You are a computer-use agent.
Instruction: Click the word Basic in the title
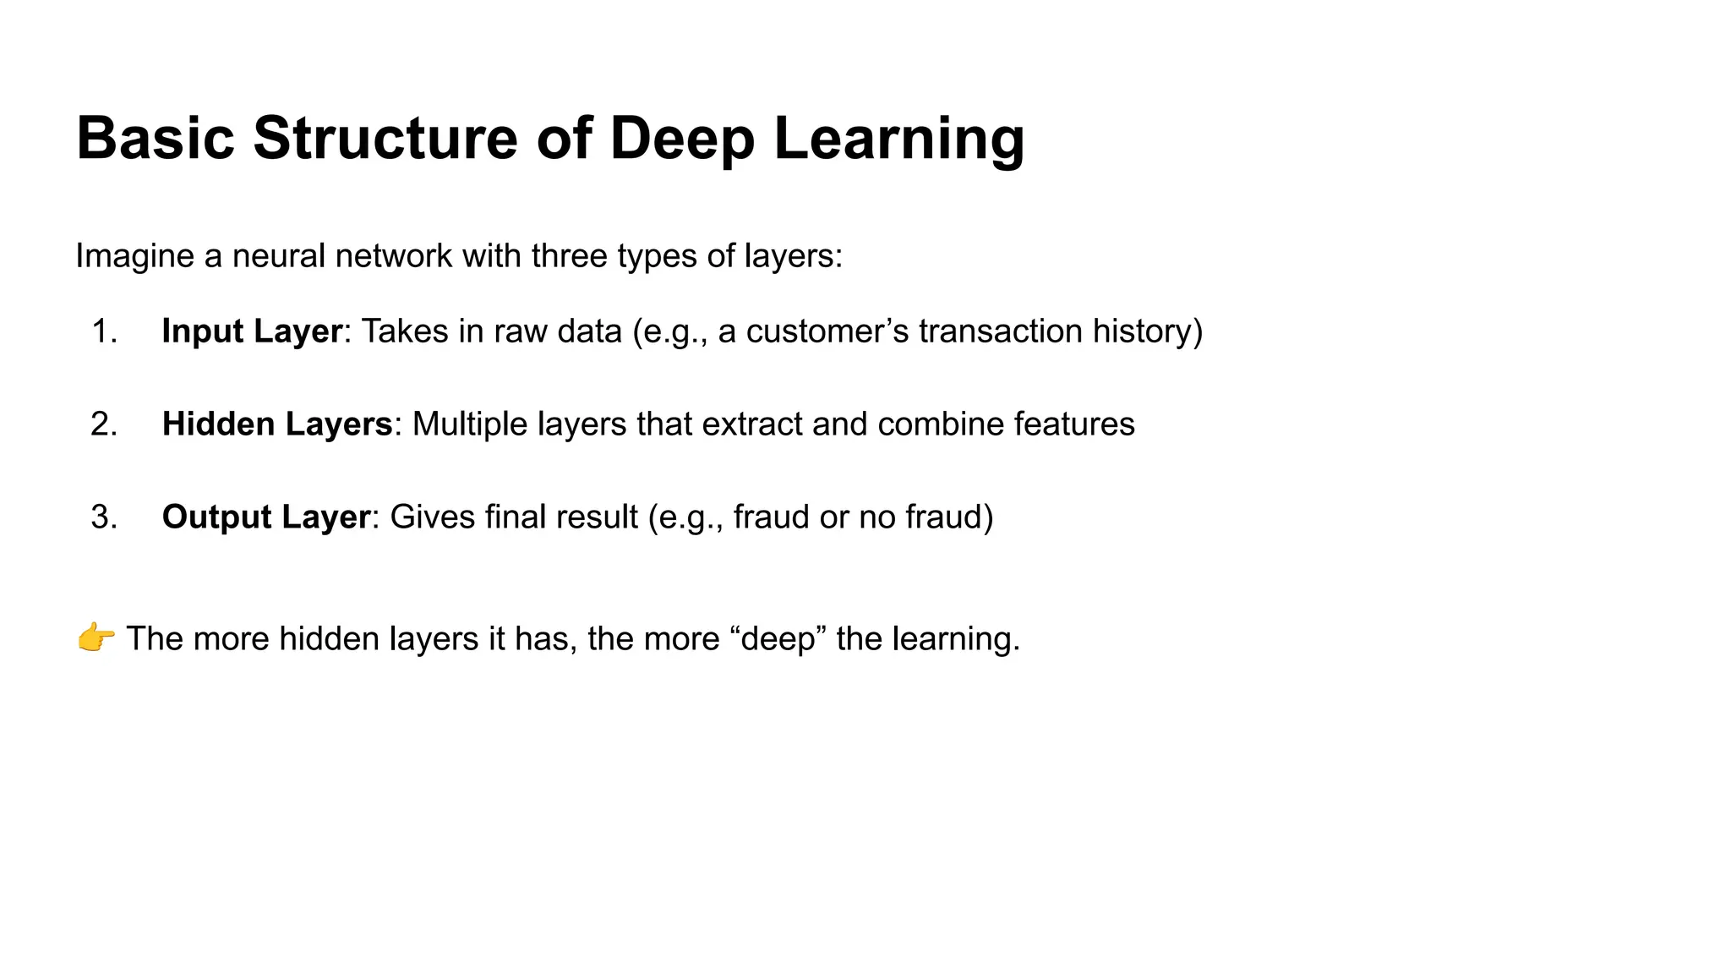coord(156,138)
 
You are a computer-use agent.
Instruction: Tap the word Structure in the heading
coord(385,138)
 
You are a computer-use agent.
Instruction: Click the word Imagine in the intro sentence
coord(134,255)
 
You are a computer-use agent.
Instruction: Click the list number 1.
coord(104,331)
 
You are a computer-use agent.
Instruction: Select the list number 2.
coord(104,424)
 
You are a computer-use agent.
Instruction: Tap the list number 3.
coord(104,517)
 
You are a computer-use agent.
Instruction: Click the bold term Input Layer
coord(252,331)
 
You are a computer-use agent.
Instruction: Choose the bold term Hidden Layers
coord(277,424)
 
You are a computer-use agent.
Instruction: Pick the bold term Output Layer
coord(266,517)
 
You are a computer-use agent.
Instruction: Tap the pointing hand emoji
coord(96,638)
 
